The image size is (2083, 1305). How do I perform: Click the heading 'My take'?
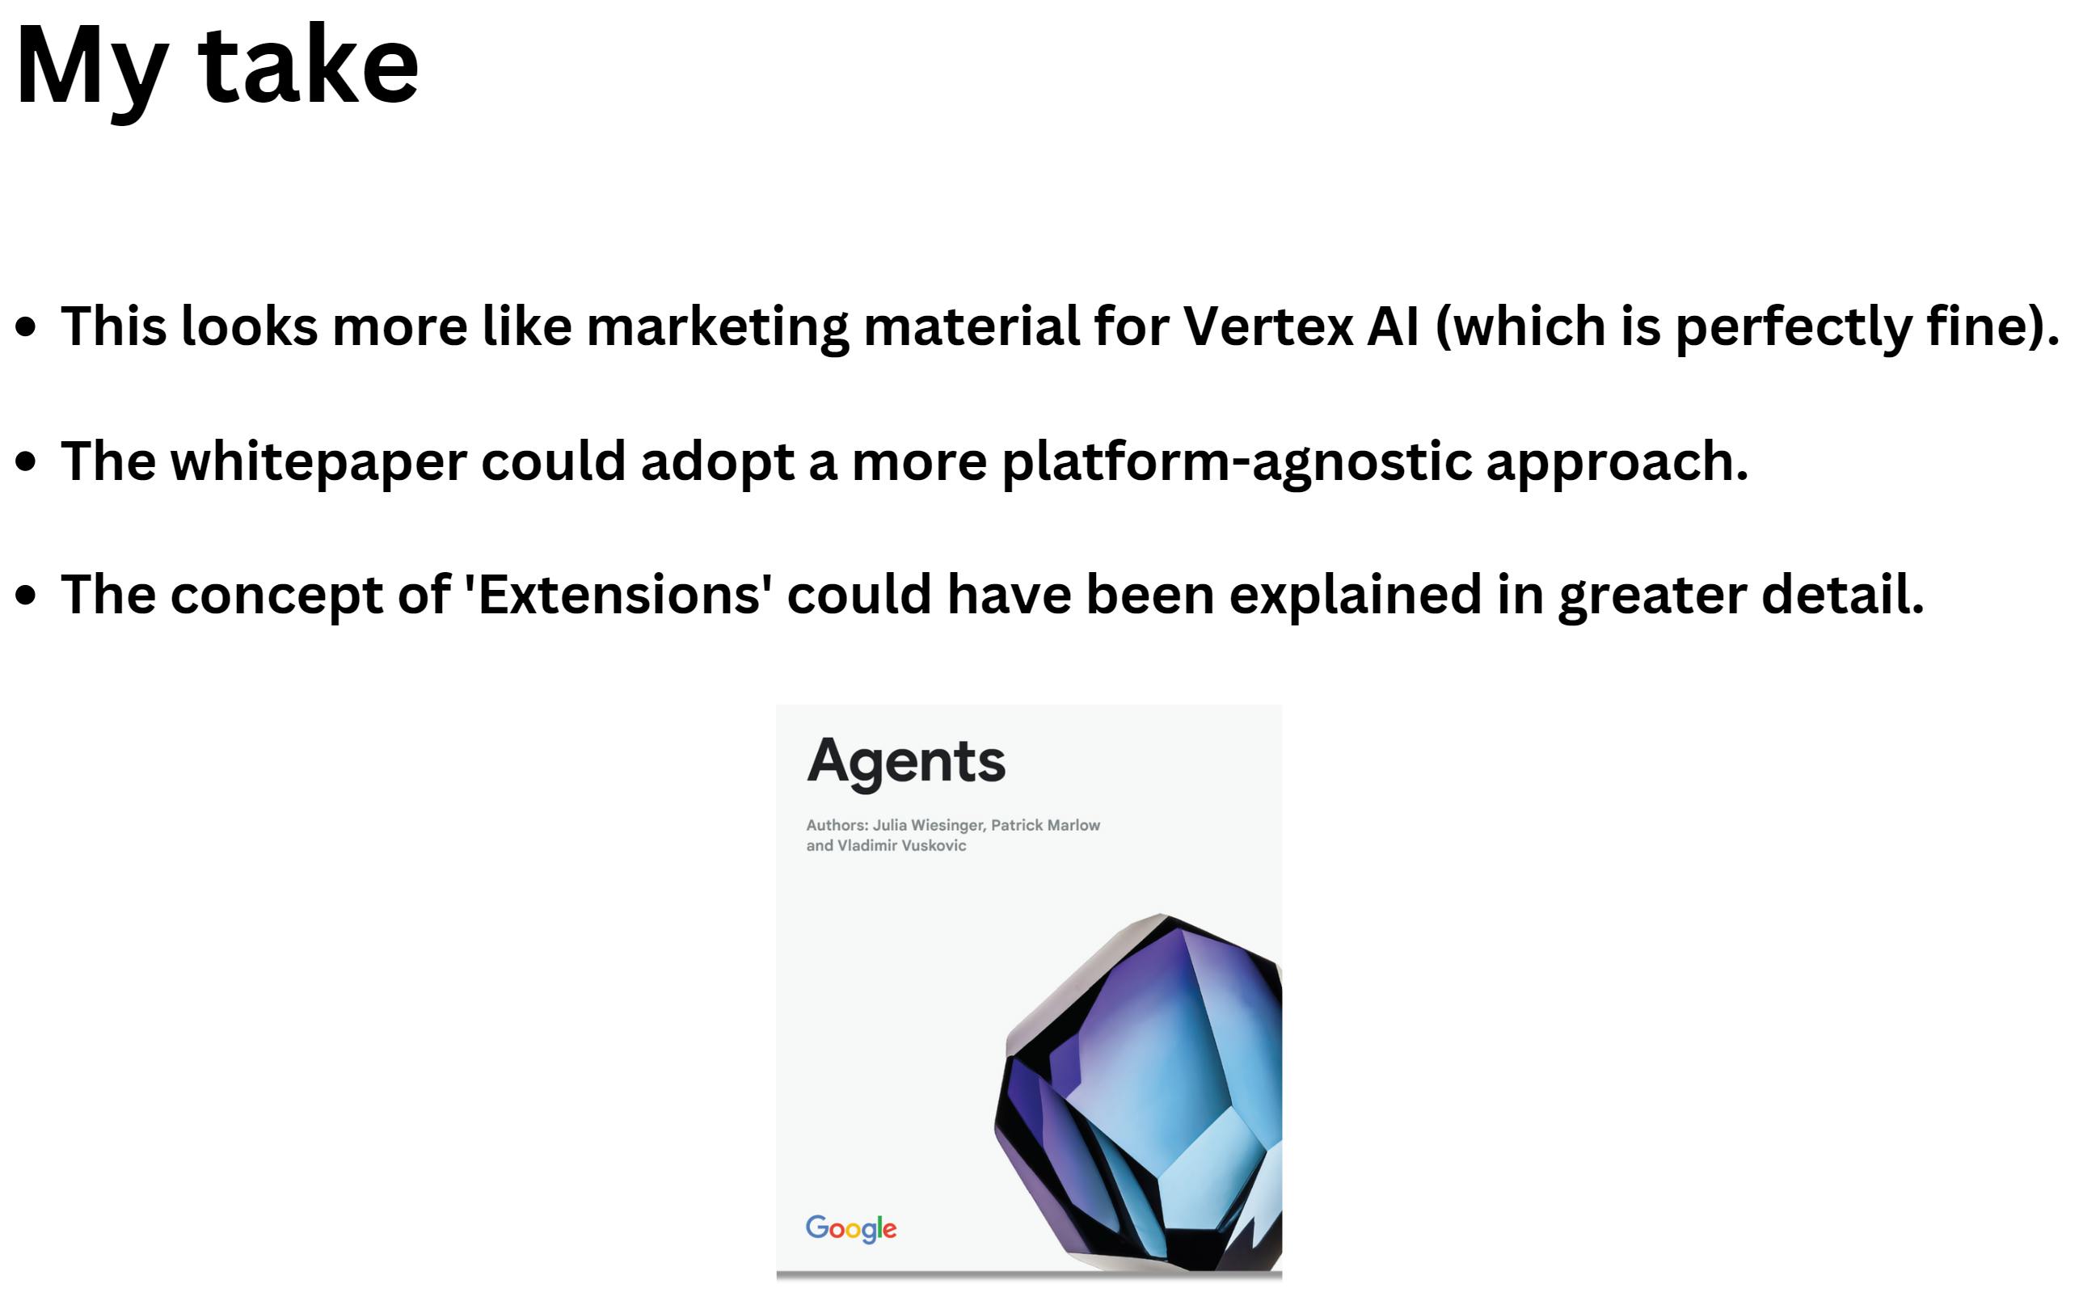pyautogui.click(x=217, y=67)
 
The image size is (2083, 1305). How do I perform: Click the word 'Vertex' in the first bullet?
pyautogui.click(x=1267, y=326)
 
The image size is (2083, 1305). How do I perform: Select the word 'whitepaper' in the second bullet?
pyautogui.click(x=318, y=461)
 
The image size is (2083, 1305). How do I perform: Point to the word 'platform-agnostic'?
pyautogui.click(x=1236, y=461)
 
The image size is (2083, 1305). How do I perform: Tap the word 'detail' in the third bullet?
pyautogui.click(x=1841, y=595)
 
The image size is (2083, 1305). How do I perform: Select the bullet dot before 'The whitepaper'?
pyautogui.click(x=27, y=461)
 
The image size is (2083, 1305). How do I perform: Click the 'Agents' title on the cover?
pyautogui.click(x=905, y=761)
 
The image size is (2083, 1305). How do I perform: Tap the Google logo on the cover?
pyautogui.click(x=850, y=1227)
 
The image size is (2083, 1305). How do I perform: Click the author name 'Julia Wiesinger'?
pyautogui.click(x=928, y=825)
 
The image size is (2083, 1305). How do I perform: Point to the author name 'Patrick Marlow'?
pyautogui.click(x=1045, y=825)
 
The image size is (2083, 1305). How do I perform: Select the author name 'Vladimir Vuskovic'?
pyautogui.click(x=901, y=846)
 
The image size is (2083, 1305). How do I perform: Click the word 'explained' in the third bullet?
pyautogui.click(x=1355, y=595)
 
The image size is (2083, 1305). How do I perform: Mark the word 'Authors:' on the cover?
pyautogui.click(x=837, y=825)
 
